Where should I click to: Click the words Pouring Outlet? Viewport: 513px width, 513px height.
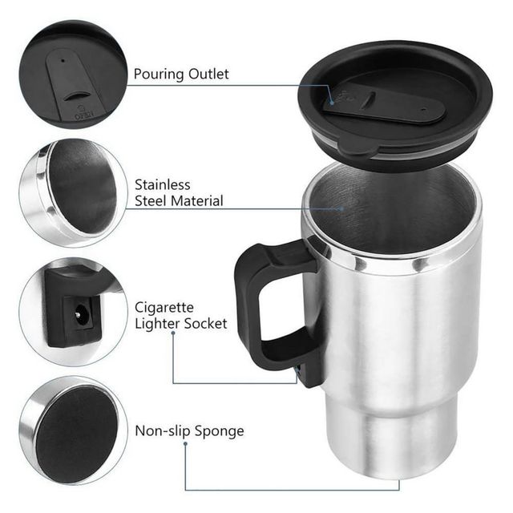[x=181, y=75]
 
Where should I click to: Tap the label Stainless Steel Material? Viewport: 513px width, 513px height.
[x=179, y=192]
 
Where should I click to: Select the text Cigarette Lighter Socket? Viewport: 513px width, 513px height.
[x=180, y=316]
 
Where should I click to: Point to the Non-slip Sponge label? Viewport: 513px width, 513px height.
[x=189, y=431]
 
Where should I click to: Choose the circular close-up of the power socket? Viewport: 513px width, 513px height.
[x=73, y=313]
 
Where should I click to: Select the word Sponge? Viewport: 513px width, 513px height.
[x=218, y=432]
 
